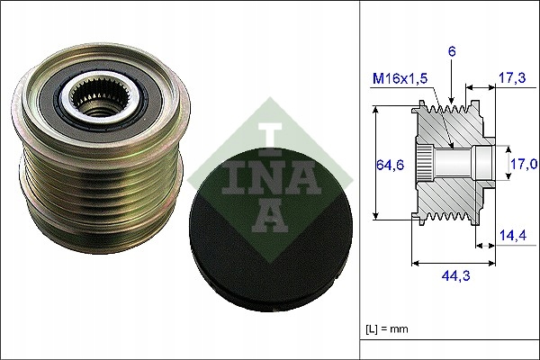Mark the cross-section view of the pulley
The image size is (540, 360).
point(450,164)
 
